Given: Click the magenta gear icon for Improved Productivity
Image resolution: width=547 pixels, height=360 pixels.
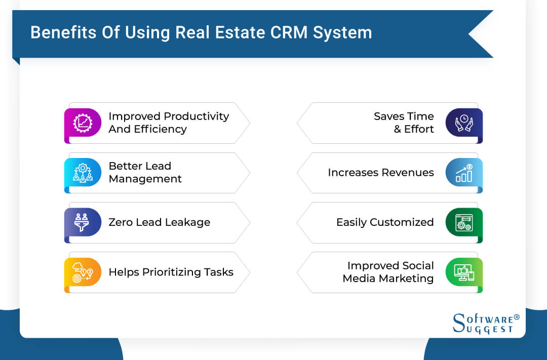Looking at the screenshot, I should (x=83, y=123).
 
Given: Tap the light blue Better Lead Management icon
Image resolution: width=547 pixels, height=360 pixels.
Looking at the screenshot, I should (x=83, y=173).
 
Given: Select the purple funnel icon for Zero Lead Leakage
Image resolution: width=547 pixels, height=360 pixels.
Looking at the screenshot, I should (x=83, y=222).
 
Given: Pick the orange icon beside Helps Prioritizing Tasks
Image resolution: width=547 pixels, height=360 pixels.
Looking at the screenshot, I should (x=83, y=272).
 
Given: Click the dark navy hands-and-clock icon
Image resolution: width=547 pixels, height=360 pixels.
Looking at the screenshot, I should (x=464, y=123).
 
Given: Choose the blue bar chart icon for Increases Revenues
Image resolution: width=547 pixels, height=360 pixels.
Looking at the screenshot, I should (x=464, y=173).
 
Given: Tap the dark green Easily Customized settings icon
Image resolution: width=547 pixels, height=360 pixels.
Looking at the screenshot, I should (x=464, y=222).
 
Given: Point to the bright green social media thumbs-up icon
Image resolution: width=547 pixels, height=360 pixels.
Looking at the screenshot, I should (x=464, y=272).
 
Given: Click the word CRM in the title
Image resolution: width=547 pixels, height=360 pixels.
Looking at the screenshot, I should (x=285, y=32).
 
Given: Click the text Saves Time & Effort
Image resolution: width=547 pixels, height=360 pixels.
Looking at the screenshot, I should (x=404, y=123).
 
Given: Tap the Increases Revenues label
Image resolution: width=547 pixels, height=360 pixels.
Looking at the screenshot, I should (x=380, y=173).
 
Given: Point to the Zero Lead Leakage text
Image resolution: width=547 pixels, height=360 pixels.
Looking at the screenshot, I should (x=159, y=222).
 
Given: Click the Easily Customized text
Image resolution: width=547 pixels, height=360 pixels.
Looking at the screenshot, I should (x=385, y=222).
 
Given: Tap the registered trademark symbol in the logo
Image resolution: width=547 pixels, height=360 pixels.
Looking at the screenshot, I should (x=517, y=317).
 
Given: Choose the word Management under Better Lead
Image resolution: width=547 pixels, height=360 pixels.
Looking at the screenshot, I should (x=145, y=179).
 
